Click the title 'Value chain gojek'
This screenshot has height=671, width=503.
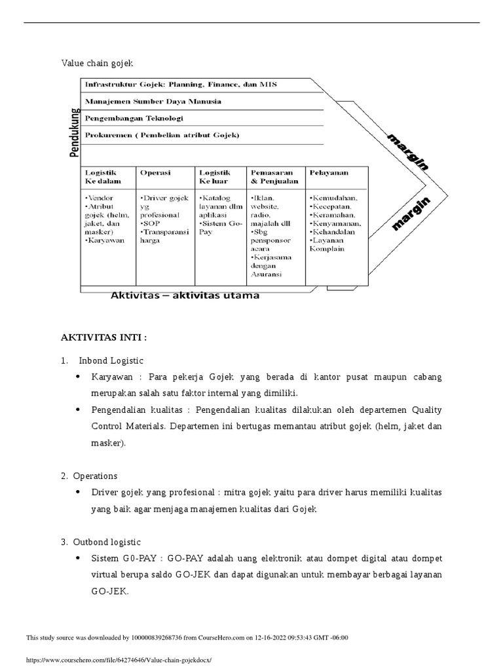97,63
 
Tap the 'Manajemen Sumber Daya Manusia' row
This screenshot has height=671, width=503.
152,102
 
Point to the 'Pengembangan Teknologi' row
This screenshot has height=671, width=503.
134,119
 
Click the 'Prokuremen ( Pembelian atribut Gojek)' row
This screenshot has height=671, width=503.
162,135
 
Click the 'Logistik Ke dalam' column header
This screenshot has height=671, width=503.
102,176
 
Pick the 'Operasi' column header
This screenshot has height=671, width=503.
155,172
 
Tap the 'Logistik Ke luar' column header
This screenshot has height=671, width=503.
214,176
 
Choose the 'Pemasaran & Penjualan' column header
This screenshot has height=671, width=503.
274,176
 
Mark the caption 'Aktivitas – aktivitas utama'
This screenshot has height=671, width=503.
185,296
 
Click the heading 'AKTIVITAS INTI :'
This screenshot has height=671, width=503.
104,337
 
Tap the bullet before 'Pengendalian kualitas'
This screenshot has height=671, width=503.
79,410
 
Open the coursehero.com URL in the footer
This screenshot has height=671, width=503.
119,661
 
